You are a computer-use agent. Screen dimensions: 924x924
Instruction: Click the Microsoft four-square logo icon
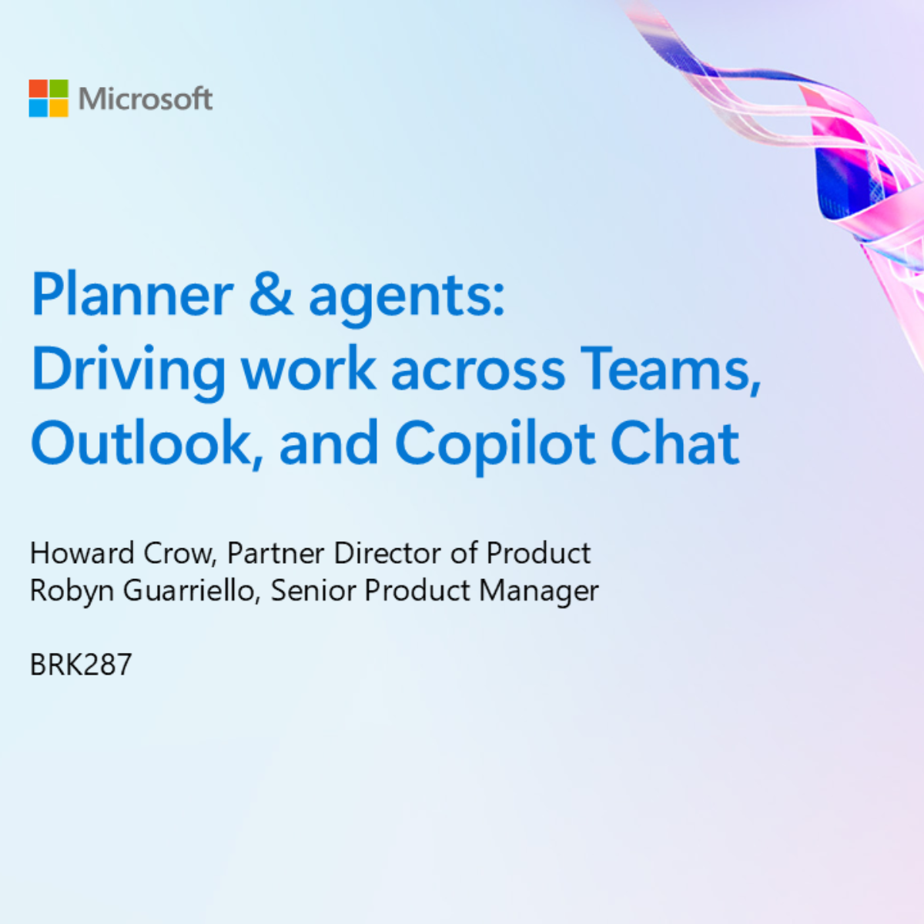(x=49, y=99)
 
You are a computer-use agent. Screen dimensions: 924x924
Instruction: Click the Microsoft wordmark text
(x=145, y=99)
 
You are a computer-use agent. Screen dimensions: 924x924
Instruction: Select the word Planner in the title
(x=132, y=296)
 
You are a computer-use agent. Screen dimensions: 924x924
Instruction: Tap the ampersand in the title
(x=271, y=296)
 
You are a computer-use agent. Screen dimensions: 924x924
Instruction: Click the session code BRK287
(x=81, y=665)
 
